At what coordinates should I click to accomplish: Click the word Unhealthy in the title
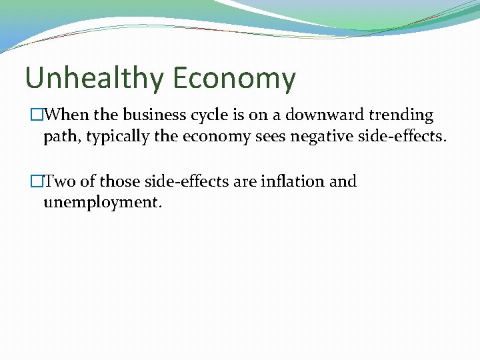pyautogui.click(x=93, y=79)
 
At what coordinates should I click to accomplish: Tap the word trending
pyautogui.click(x=399, y=116)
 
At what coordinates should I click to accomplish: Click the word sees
pyautogui.click(x=269, y=137)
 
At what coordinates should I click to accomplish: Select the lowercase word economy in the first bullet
pyautogui.click(x=212, y=137)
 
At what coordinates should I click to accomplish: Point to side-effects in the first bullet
pyautogui.click(x=406, y=137)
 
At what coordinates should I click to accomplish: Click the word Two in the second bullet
pyautogui.click(x=61, y=181)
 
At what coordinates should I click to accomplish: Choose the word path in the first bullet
pyautogui.click(x=58, y=137)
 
